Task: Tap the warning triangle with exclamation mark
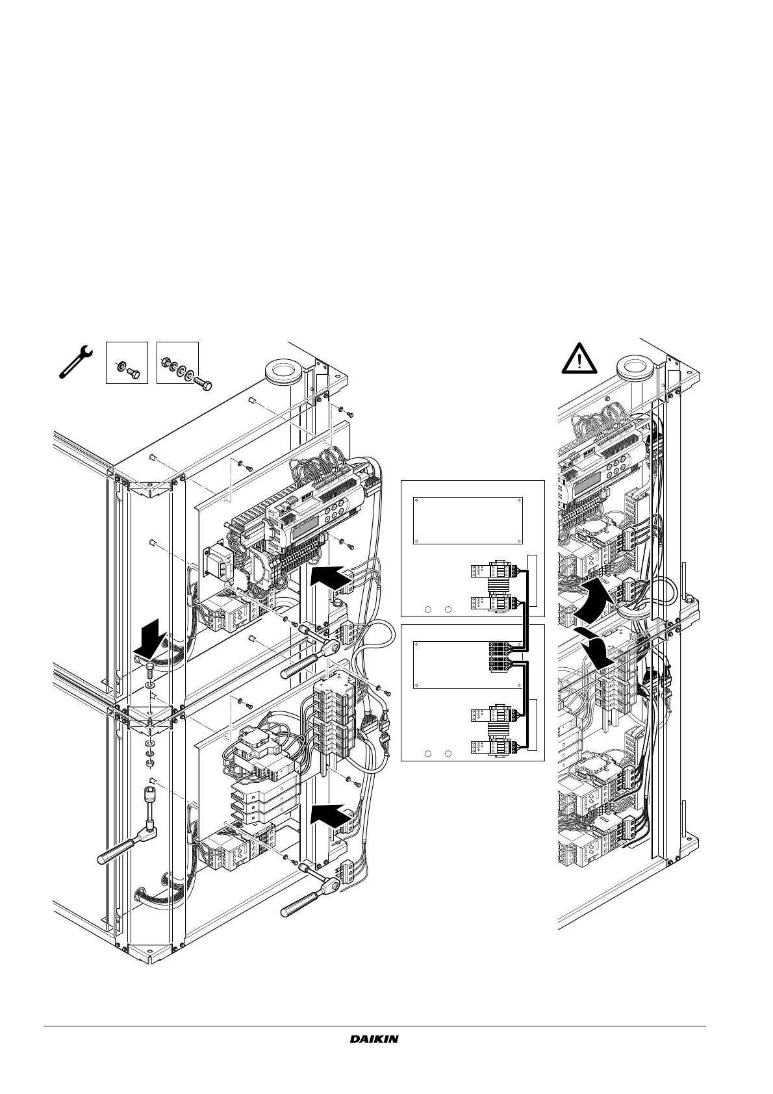(579, 359)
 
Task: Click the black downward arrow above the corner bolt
(149, 639)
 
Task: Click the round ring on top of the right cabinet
(635, 370)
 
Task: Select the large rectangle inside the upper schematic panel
(468, 520)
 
